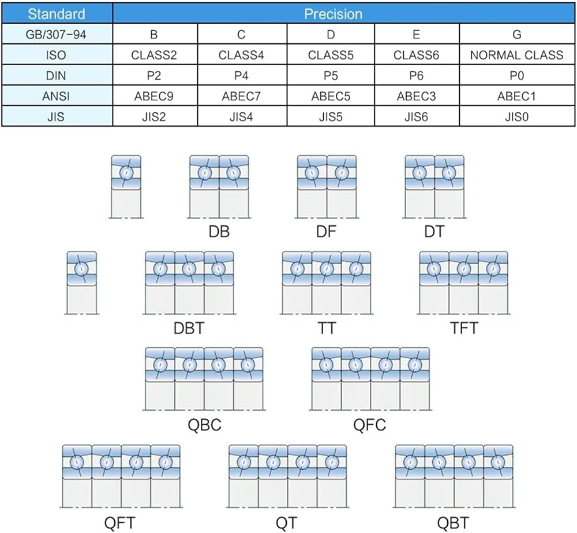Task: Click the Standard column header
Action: [x=57, y=14]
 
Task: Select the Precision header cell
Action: [x=333, y=14]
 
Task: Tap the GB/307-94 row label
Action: [x=56, y=35]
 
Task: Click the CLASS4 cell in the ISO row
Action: [x=241, y=55]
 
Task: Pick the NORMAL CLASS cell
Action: [x=516, y=55]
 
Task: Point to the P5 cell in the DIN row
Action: [x=331, y=76]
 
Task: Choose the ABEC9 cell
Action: [x=154, y=96]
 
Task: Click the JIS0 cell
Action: [x=516, y=117]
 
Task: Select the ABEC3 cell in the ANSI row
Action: [x=416, y=96]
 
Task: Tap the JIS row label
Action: [x=56, y=117]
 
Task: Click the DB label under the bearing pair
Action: [x=219, y=232]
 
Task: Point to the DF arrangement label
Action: [x=327, y=232]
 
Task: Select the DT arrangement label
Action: [x=434, y=232]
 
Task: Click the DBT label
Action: [x=189, y=328]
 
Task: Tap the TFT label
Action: [x=464, y=328]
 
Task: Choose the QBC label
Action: [x=205, y=425]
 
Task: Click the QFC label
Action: [x=369, y=425]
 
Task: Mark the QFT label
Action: [x=119, y=523]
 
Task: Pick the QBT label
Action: [x=453, y=523]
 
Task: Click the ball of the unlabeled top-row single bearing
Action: [x=126, y=172]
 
